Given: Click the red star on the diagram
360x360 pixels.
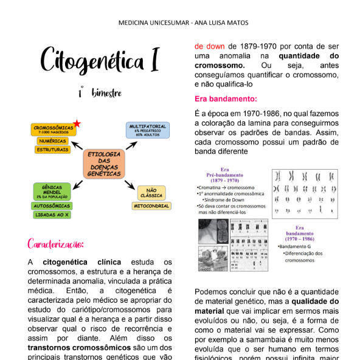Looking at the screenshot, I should click(x=77, y=124).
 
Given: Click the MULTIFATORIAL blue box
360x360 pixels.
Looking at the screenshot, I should click(x=148, y=129).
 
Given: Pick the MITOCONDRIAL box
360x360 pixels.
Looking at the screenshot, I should click(x=151, y=206).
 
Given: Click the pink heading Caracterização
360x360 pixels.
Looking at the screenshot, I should click(x=55, y=244).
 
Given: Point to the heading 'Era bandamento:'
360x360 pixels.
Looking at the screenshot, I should click(x=226, y=99).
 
